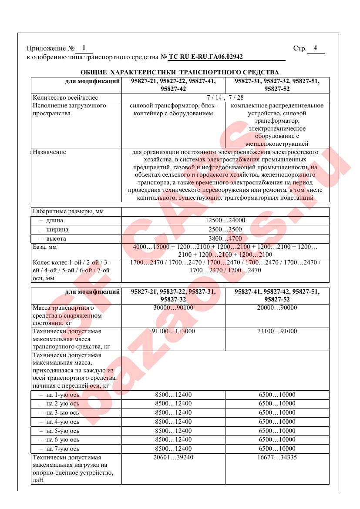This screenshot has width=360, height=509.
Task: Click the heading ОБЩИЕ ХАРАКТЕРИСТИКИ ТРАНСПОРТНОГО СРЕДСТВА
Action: pyautogui.click(x=180, y=72)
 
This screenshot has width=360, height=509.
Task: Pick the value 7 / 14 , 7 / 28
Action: pyautogui.click(x=225, y=97)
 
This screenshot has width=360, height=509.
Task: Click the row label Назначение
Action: pyautogui.click(x=50, y=152)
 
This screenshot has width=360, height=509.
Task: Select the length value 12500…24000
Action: pyautogui.click(x=225, y=220)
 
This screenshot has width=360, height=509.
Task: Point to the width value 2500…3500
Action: pyautogui.click(x=225, y=229)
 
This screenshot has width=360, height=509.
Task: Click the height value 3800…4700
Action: pyautogui.click(x=225, y=238)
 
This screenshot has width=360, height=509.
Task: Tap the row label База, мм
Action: pyautogui.click(x=45, y=247)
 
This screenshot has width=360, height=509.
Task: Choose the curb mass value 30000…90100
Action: pyautogui.click(x=173, y=308)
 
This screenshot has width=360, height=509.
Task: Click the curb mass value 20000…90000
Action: pyautogui.click(x=277, y=308)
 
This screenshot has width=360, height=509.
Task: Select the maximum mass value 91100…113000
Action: pyautogui.click(x=173, y=332)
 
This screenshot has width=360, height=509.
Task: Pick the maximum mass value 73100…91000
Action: pyautogui.click(x=277, y=332)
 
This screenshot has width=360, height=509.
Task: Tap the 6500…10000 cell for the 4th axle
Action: pyautogui.click(x=277, y=422)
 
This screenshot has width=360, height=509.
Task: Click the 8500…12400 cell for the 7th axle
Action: pyautogui.click(x=173, y=449)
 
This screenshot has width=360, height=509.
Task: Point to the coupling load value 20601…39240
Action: pyautogui.click(x=173, y=458)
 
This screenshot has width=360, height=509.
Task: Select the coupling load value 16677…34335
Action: pyautogui.click(x=277, y=458)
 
